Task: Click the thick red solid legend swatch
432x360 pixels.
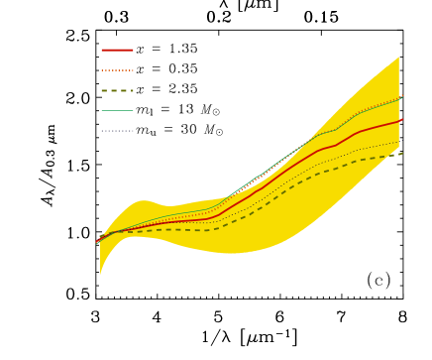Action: click(117, 50)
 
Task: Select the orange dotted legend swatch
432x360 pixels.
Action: click(117, 70)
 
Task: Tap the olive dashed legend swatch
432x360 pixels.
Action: click(117, 90)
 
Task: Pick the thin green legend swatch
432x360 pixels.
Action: click(117, 110)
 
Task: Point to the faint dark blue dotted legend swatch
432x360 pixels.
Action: click(117, 130)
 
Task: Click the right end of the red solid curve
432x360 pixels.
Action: click(401, 120)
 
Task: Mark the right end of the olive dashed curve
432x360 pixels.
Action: click(402, 154)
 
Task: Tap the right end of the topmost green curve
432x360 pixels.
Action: click(402, 96)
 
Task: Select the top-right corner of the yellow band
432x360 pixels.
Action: click(399, 57)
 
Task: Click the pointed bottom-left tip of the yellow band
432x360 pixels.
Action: click(100, 275)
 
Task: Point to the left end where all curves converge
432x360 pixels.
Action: click(97, 241)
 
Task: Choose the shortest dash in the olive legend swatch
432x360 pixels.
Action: click(132, 90)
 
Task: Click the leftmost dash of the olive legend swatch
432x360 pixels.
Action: click(104, 90)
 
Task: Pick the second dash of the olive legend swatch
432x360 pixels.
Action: click(116, 90)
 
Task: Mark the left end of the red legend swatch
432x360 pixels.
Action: click(101, 50)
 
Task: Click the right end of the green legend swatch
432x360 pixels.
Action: click(133, 110)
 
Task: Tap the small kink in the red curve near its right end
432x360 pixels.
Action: click(337, 145)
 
